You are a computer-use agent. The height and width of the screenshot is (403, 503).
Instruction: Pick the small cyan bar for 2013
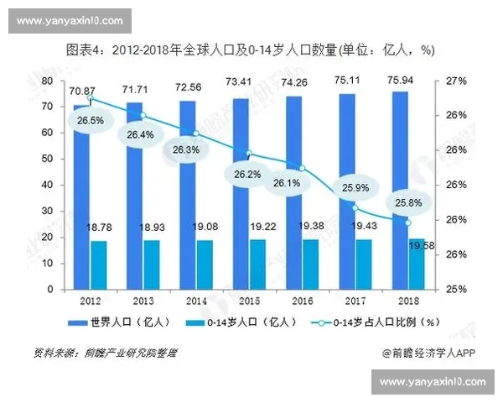click(x=153, y=265)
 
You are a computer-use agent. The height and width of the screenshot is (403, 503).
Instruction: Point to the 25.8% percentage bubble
click(x=408, y=202)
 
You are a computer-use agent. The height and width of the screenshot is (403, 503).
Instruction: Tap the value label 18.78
click(x=99, y=228)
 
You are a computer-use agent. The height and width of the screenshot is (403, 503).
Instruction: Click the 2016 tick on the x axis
click(x=302, y=300)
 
